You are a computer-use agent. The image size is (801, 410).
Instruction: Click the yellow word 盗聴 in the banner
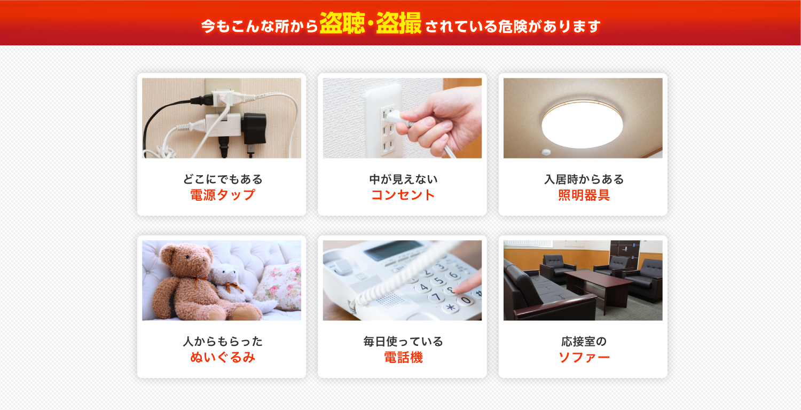342,24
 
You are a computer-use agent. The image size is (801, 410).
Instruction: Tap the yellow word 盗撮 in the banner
398,24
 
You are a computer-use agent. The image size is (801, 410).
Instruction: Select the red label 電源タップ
222,195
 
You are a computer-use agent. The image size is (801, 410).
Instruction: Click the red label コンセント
403,195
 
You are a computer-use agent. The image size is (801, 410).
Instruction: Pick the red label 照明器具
583,195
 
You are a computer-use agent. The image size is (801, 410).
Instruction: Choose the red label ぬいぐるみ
222,357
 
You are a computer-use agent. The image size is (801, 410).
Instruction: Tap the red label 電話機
403,357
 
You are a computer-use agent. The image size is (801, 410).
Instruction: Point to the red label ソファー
583,357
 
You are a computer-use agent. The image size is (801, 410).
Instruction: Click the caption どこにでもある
222,179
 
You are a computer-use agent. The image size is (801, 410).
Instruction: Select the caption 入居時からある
583,179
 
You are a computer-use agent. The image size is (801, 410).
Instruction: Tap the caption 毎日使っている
403,341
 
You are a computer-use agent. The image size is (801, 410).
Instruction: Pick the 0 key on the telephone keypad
466,300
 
